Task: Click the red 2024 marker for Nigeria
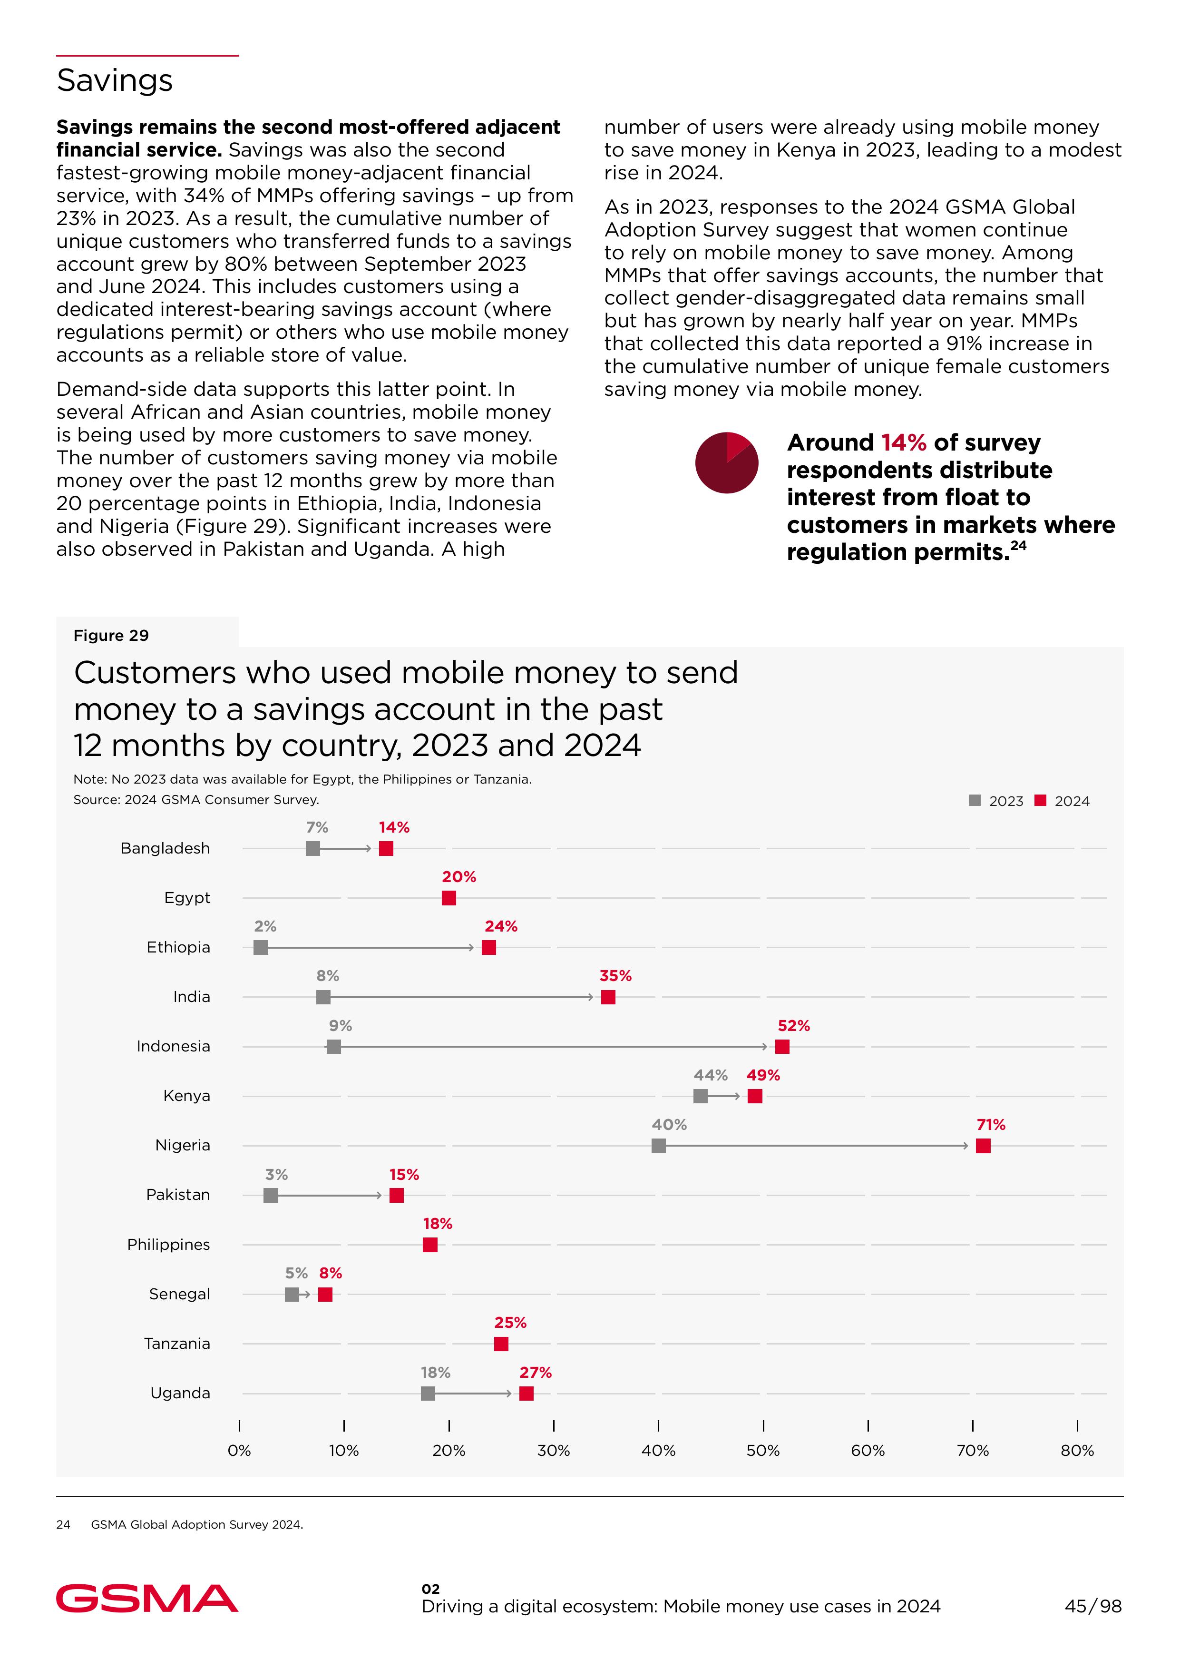(983, 1146)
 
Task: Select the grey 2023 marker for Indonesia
(333, 1047)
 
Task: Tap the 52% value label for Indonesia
(793, 1026)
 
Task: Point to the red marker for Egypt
(449, 898)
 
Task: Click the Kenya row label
(187, 1096)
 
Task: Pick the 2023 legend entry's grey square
(975, 800)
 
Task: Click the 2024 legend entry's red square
(1041, 800)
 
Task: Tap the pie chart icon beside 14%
(727, 463)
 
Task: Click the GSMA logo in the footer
(147, 1599)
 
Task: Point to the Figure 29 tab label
(111, 635)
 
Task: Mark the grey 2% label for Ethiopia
(265, 926)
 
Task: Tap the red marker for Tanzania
(501, 1344)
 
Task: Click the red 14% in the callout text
(903, 442)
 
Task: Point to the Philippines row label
(168, 1245)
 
